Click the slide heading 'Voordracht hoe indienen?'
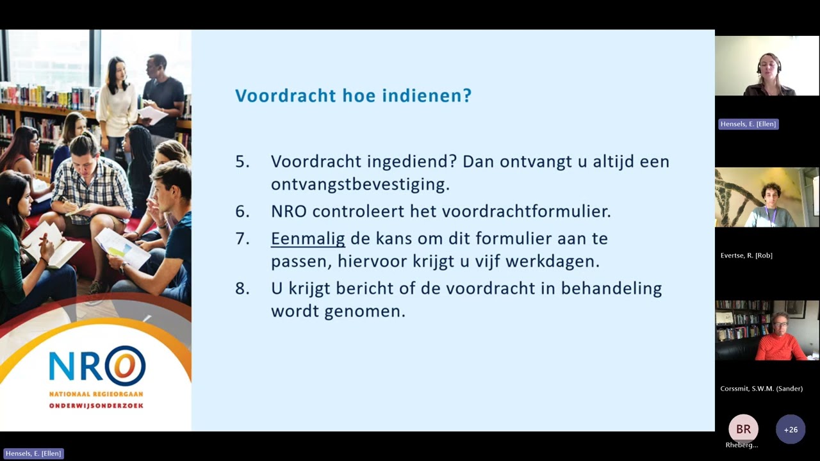point(353,96)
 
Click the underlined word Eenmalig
point(307,239)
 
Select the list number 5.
point(242,161)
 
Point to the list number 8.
point(242,289)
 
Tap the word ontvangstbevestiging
point(360,185)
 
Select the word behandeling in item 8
point(611,289)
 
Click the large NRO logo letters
point(97,366)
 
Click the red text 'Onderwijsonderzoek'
point(96,406)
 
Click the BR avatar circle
point(743,429)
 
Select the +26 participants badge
point(791,430)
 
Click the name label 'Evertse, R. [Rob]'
point(746,255)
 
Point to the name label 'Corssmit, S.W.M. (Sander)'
point(761,389)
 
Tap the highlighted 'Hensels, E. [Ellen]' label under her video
point(748,124)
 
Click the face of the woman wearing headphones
point(767,64)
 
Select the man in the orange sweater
point(780,339)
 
